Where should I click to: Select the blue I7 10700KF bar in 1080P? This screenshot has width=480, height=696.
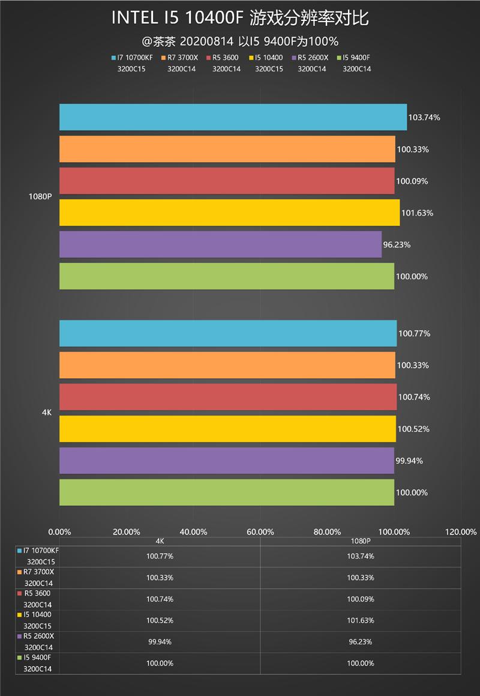233,117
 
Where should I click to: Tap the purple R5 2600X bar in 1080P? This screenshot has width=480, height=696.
220,244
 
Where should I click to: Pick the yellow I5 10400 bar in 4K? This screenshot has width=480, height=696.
227,429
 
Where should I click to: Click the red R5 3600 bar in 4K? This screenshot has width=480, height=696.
227,397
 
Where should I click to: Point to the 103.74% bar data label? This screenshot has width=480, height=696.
424,118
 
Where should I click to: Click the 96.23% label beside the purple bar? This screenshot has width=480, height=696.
398,245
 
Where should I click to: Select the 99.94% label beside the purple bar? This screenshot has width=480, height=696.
409,461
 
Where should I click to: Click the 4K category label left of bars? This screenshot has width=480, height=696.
47,413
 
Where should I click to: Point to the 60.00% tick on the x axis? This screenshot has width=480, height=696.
260,531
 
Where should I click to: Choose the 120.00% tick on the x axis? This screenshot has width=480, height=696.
461,531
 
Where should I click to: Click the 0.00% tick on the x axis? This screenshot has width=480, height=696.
59,531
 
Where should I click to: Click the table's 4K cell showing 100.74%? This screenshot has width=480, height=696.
160,599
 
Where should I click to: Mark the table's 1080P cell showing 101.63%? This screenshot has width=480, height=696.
360,620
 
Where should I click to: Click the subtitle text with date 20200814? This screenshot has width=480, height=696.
240,41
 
